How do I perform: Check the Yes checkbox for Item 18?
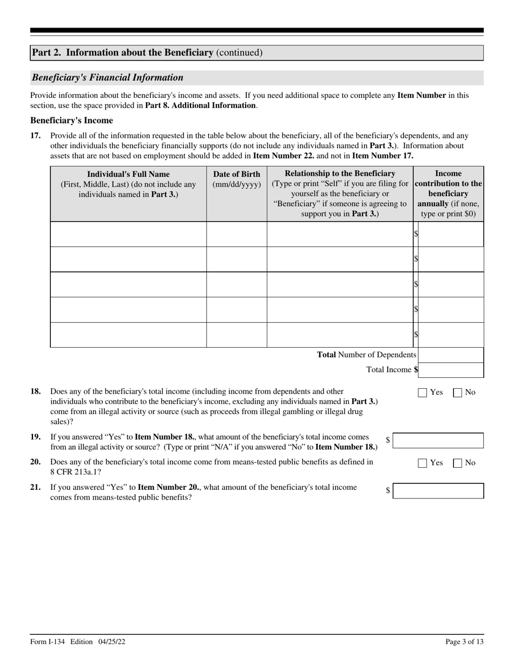point(423,393)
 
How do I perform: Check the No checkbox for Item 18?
point(457,393)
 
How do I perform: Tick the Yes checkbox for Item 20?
point(423,463)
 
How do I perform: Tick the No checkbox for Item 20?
point(457,463)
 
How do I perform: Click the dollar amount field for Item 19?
point(438,441)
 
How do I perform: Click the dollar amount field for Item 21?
point(438,491)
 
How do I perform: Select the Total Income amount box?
point(451,370)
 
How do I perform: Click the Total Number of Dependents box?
point(451,355)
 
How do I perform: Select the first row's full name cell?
point(128,234)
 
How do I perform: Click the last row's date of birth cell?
point(236,335)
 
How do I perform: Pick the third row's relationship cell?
point(340,284)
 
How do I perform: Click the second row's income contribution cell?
point(451,259)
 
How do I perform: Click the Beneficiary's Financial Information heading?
point(108,77)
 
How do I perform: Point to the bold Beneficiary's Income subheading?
point(71,121)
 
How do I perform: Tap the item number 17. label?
point(36,136)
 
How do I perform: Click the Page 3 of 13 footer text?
point(464,642)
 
